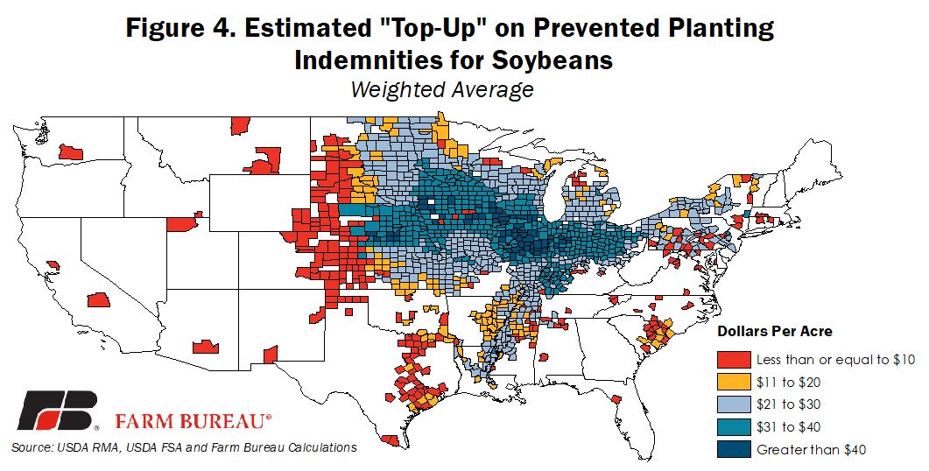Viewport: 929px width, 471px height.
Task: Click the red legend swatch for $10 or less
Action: click(x=734, y=360)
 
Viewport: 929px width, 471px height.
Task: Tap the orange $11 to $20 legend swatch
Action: click(x=734, y=382)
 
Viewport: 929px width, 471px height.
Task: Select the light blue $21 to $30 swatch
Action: click(x=734, y=404)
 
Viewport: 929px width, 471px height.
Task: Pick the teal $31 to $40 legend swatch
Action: click(x=734, y=427)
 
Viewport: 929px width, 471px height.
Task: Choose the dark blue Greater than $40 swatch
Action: click(x=734, y=450)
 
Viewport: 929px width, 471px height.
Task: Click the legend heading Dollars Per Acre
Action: click(x=775, y=331)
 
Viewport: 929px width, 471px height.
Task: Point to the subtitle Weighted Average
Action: click(x=442, y=89)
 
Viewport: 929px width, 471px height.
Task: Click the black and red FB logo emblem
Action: click(x=57, y=411)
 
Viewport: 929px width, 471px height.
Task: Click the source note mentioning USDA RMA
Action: click(x=184, y=447)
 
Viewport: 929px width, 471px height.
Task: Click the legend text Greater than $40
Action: click(x=811, y=450)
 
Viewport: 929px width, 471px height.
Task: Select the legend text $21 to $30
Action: click(x=789, y=404)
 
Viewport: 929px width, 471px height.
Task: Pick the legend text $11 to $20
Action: click(x=789, y=382)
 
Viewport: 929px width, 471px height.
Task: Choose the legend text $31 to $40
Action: click(x=789, y=427)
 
